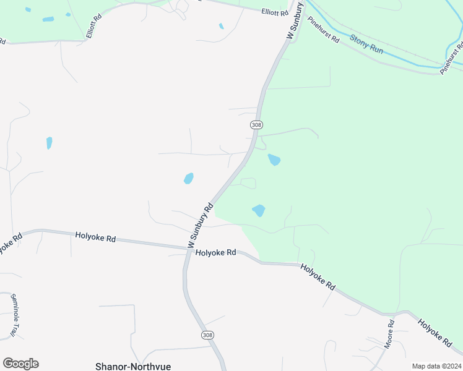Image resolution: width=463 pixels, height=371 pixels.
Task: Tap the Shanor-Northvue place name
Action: [133, 366]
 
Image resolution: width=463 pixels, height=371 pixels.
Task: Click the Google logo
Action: [20, 364]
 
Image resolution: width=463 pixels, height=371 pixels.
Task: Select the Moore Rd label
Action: [389, 334]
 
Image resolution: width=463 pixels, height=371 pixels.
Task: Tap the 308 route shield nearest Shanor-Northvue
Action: [207, 335]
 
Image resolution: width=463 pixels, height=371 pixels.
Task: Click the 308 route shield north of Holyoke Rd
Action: [256, 125]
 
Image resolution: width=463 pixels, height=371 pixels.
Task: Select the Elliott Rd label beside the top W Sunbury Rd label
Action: [275, 12]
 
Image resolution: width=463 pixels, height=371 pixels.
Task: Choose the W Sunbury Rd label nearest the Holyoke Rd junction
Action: [201, 224]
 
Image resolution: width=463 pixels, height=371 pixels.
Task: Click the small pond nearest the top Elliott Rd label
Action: [221, 26]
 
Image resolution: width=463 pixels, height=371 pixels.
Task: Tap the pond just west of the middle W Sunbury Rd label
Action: [188, 179]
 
